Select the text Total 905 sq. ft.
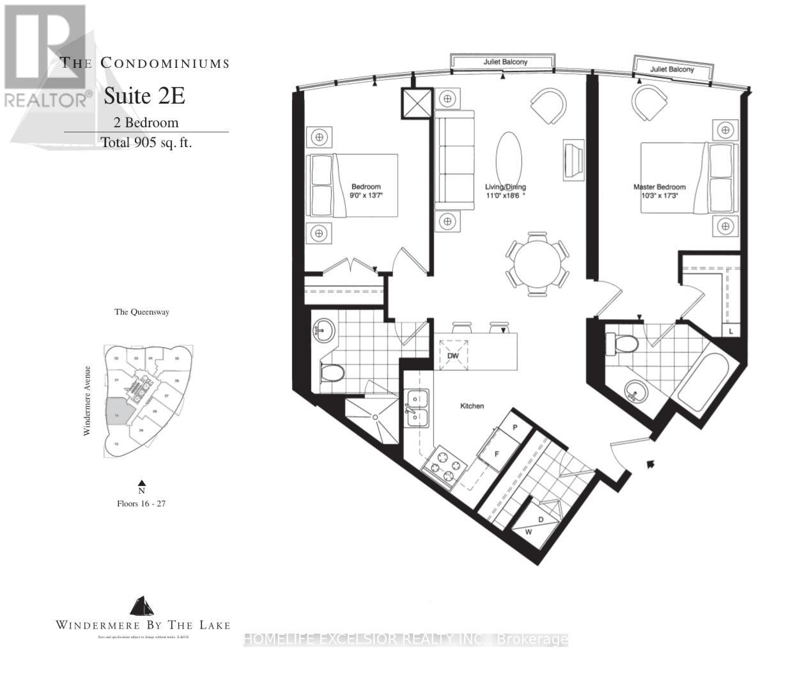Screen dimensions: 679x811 coord(146,143)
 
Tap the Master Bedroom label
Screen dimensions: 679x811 coord(659,187)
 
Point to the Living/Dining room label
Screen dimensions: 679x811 coord(505,187)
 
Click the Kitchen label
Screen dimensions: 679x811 coord(472,406)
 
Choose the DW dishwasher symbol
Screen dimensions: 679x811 coord(453,355)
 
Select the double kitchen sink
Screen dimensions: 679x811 coord(415,409)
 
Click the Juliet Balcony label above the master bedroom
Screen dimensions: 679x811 coord(672,69)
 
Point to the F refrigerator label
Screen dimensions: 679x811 coord(497,453)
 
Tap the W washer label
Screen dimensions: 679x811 coord(529,531)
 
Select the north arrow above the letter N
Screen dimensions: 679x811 coord(142,483)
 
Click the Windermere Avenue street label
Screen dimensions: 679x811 coord(87,401)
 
